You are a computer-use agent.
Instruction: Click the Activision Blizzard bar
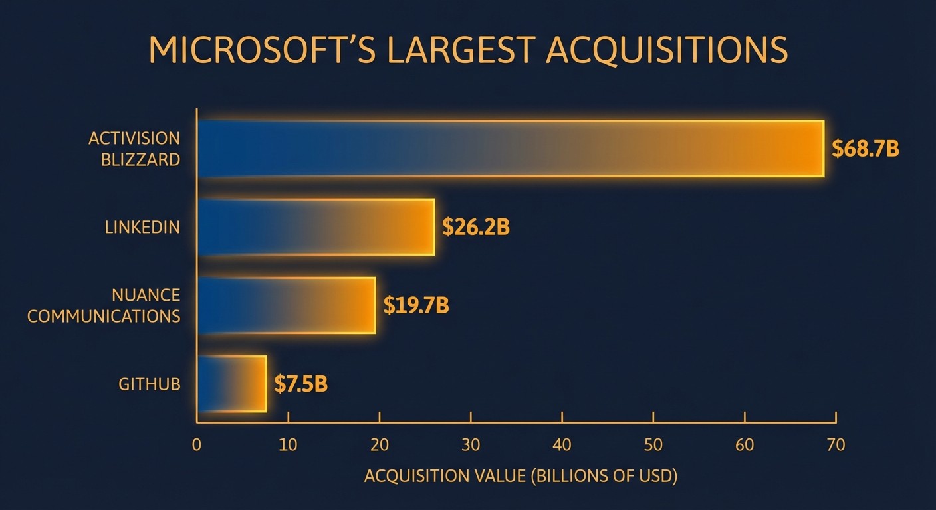click(x=511, y=149)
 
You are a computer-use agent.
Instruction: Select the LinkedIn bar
click(x=316, y=227)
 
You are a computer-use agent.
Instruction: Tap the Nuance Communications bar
click(x=287, y=305)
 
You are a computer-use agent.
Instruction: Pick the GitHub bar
click(x=232, y=384)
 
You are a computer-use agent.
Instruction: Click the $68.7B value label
click(x=866, y=149)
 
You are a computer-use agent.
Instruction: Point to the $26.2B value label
click(x=476, y=227)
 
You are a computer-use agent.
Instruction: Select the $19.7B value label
click(x=416, y=305)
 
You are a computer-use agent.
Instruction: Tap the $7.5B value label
click(x=300, y=384)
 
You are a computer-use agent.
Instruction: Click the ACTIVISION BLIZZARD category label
click(x=134, y=149)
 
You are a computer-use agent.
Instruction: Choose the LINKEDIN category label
click(x=142, y=227)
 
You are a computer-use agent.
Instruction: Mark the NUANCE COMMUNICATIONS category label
click(x=104, y=305)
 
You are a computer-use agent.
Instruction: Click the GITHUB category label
click(x=149, y=384)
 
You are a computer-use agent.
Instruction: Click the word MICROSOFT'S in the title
click(x=265, y=51)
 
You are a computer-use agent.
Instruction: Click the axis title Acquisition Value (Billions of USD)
click(x=521, y=476)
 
